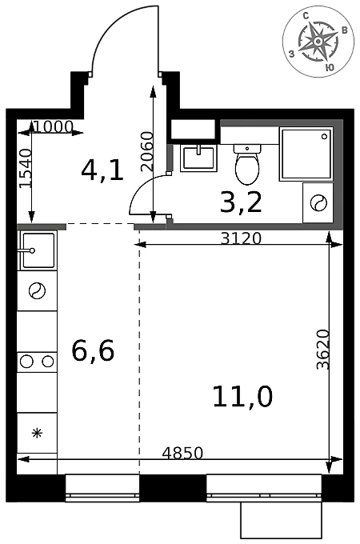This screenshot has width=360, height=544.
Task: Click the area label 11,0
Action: point(242,397)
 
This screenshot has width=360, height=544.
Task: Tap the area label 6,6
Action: point(93,350)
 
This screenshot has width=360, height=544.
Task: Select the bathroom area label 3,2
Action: point(241,202)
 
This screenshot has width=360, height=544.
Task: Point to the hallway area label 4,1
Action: point(102,170)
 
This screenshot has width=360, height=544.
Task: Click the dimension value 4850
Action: point(182,453)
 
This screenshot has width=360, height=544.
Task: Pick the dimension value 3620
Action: point(323,350)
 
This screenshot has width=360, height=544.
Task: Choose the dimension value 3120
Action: point(241,238)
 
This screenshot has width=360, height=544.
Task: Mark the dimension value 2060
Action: point(147,152)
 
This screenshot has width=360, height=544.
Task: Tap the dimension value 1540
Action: point(25,169)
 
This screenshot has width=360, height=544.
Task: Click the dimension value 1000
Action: point(54,127)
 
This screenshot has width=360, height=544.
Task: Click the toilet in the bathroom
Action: point(247,165)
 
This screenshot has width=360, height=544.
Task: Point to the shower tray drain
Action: point(325,137)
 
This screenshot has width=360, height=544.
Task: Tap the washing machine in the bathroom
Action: point(318,202)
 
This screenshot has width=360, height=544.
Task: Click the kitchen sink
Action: point(38,250)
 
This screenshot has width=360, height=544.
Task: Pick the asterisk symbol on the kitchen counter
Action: point(37,433)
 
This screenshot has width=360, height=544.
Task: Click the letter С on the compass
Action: point(306,16)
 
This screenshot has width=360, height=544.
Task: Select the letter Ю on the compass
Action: point(330,67)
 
